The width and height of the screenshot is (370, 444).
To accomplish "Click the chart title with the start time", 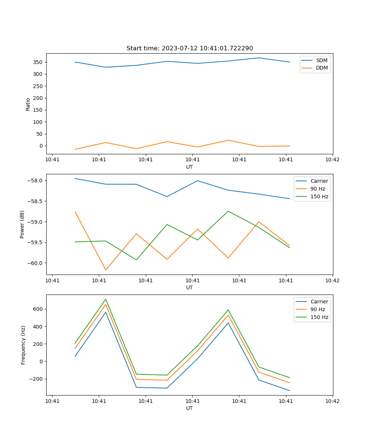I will [x=189, y=48].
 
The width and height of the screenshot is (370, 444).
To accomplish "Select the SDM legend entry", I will [x=322, y=60].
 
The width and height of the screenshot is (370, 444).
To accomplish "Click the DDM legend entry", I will [x=322, y=68].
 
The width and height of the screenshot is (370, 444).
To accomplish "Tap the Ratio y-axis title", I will [x=28, y=104].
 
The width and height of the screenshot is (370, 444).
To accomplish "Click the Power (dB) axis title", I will [x=22, y=224].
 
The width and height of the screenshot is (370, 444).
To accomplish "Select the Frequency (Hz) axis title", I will [x=23, y=345].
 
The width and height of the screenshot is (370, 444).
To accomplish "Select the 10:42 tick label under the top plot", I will [x=332, y=160].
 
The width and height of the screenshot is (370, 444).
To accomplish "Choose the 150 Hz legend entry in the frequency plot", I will [x=319, y=317].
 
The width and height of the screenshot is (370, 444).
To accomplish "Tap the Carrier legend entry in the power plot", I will [x=319, y=181].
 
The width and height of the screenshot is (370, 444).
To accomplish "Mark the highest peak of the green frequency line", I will [x=106, y=299].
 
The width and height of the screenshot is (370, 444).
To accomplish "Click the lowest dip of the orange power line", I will [x=106, y=270].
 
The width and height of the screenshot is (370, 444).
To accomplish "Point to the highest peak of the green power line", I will [x=228, y=211].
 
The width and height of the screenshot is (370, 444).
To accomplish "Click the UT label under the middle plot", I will [x=189, y=287].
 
